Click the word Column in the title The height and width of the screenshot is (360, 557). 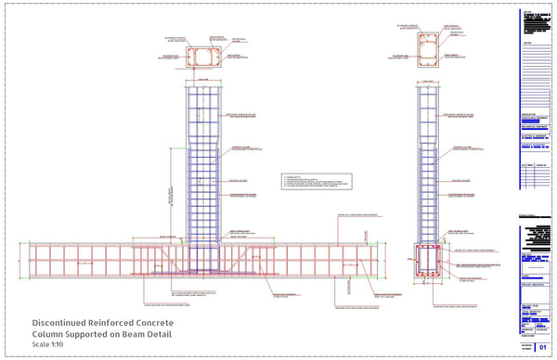[52, 334]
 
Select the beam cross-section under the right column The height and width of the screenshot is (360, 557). [427, 264]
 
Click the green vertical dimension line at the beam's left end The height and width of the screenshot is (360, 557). [19, 260]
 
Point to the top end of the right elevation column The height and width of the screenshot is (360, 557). [428, 84]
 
